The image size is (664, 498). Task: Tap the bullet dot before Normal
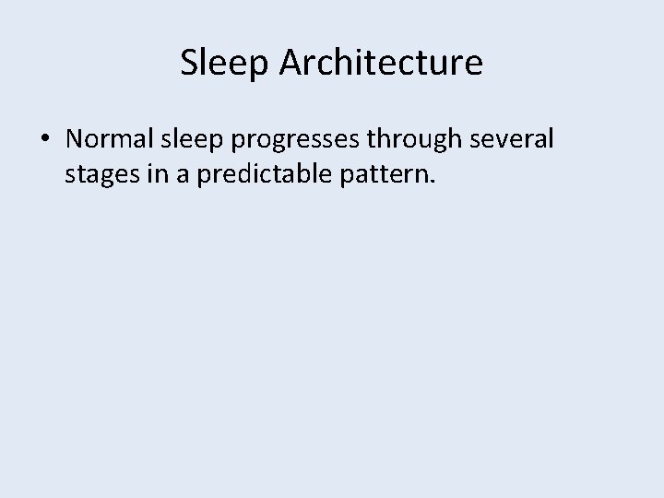[44, 141]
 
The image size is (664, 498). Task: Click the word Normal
[111, 140]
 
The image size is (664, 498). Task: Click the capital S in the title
[188, 63]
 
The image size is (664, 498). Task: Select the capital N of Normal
[76, 140]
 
